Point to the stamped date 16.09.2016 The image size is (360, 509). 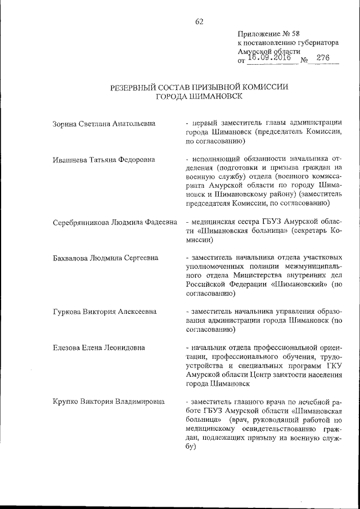pos(272,57)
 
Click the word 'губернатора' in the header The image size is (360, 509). pos(317,42)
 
